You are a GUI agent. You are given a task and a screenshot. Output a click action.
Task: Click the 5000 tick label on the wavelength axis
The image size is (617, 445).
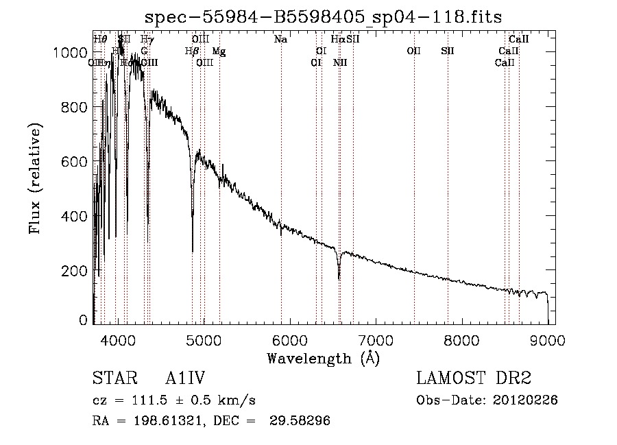pyautogui.click(x=204, y=339)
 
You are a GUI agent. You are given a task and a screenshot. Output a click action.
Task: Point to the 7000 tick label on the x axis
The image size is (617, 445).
pyautogui.click(x=376, y=339)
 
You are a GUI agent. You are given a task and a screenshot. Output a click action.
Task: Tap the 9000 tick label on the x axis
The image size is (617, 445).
pyautogui.click(x=547, y=339)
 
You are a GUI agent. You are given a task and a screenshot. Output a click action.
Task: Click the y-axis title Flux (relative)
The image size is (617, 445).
pyautogui.click(x=36, y=178)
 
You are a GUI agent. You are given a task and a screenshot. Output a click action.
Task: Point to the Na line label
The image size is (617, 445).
pyautogui.click(x=280, y=40)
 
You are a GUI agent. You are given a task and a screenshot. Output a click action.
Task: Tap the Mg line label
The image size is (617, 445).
pyautogui.click(x=219, y=51)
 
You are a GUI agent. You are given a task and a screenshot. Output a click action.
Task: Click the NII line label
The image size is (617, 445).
pyautogui.click(x=340, y=63)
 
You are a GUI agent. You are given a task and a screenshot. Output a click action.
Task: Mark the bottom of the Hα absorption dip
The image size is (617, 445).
pyautogui.click(x=339, y=278)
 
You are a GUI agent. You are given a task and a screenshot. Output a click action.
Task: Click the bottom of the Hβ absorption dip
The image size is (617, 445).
pyautogui.click(x=193, y=251)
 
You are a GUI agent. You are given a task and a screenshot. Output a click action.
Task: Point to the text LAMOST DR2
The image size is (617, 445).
pyautogui.click(x=474, y=379)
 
